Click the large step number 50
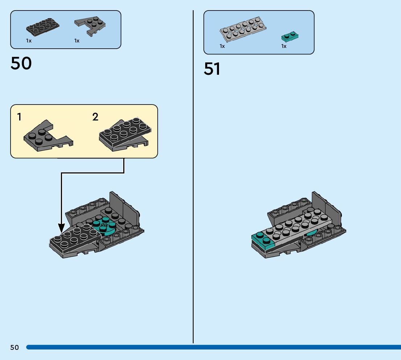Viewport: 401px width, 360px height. pos(21,64)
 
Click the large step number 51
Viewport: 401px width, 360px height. pos(212,69)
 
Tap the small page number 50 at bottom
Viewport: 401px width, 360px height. pos(15,348)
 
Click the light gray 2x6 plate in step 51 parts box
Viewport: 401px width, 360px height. pos(243,28)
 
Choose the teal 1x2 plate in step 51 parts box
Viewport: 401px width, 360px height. pos(290,36)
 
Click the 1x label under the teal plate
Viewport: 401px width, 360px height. pos(284,46)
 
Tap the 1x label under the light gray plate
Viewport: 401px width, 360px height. pos(222,46)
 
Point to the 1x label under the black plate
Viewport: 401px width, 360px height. pos(29,41)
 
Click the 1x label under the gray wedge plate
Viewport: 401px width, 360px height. pos(77,41)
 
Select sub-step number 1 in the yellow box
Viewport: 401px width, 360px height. pos(19,117)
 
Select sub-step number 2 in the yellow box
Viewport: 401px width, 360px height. pos(95,117)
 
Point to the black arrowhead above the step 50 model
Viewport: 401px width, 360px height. pos(61,228)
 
